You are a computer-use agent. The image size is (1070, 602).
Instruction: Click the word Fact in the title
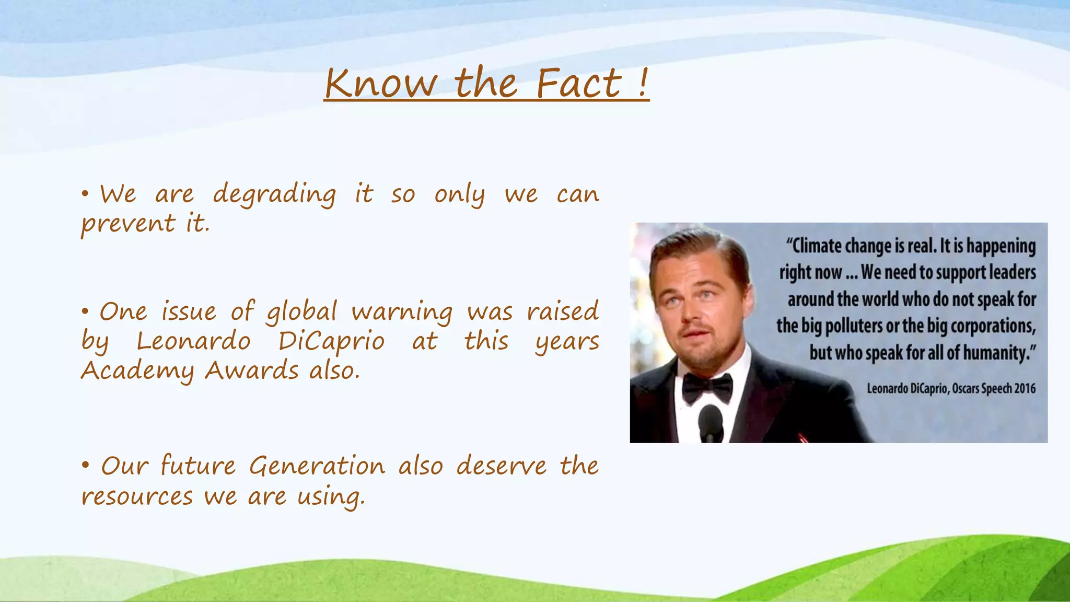point(579,83)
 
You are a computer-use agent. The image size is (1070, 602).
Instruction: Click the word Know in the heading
point(380,83)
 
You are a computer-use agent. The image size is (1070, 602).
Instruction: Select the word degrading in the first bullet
point(274,195)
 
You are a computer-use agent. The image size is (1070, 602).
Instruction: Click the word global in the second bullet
point(302,312)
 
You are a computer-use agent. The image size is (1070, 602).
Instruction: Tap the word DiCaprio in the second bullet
point(331,342)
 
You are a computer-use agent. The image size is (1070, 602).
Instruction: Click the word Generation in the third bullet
point(317,466)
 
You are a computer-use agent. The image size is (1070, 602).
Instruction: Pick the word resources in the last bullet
point(137,496)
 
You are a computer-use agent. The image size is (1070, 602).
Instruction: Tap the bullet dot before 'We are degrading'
point(85,194)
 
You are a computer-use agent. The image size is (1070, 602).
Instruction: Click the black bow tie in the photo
point(707,387)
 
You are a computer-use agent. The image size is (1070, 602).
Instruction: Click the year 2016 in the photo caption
point(1025,388)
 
